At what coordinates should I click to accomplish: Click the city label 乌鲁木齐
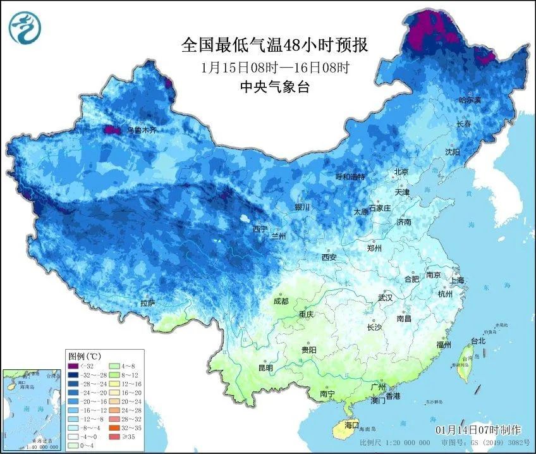tap(141, 130)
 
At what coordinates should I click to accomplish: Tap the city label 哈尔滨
tap(470, 100)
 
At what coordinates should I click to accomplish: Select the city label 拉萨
tap(147, 304)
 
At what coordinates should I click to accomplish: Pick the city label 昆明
tap(265, 368)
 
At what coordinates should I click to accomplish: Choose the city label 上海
tap(457, 280)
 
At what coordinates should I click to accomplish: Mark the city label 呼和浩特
tap(350, 177)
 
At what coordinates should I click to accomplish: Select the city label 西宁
tap(260, 229)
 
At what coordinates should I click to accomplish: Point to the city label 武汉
tap(385, 297)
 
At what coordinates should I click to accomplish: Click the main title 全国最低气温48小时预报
tap(274, 46)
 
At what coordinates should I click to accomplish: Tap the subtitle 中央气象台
tap(274, 88)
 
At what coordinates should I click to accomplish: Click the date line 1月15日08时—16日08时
tap(274, 67)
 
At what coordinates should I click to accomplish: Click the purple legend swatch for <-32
tap(74, 366)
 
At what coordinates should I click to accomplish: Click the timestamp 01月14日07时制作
tap(481, 430)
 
